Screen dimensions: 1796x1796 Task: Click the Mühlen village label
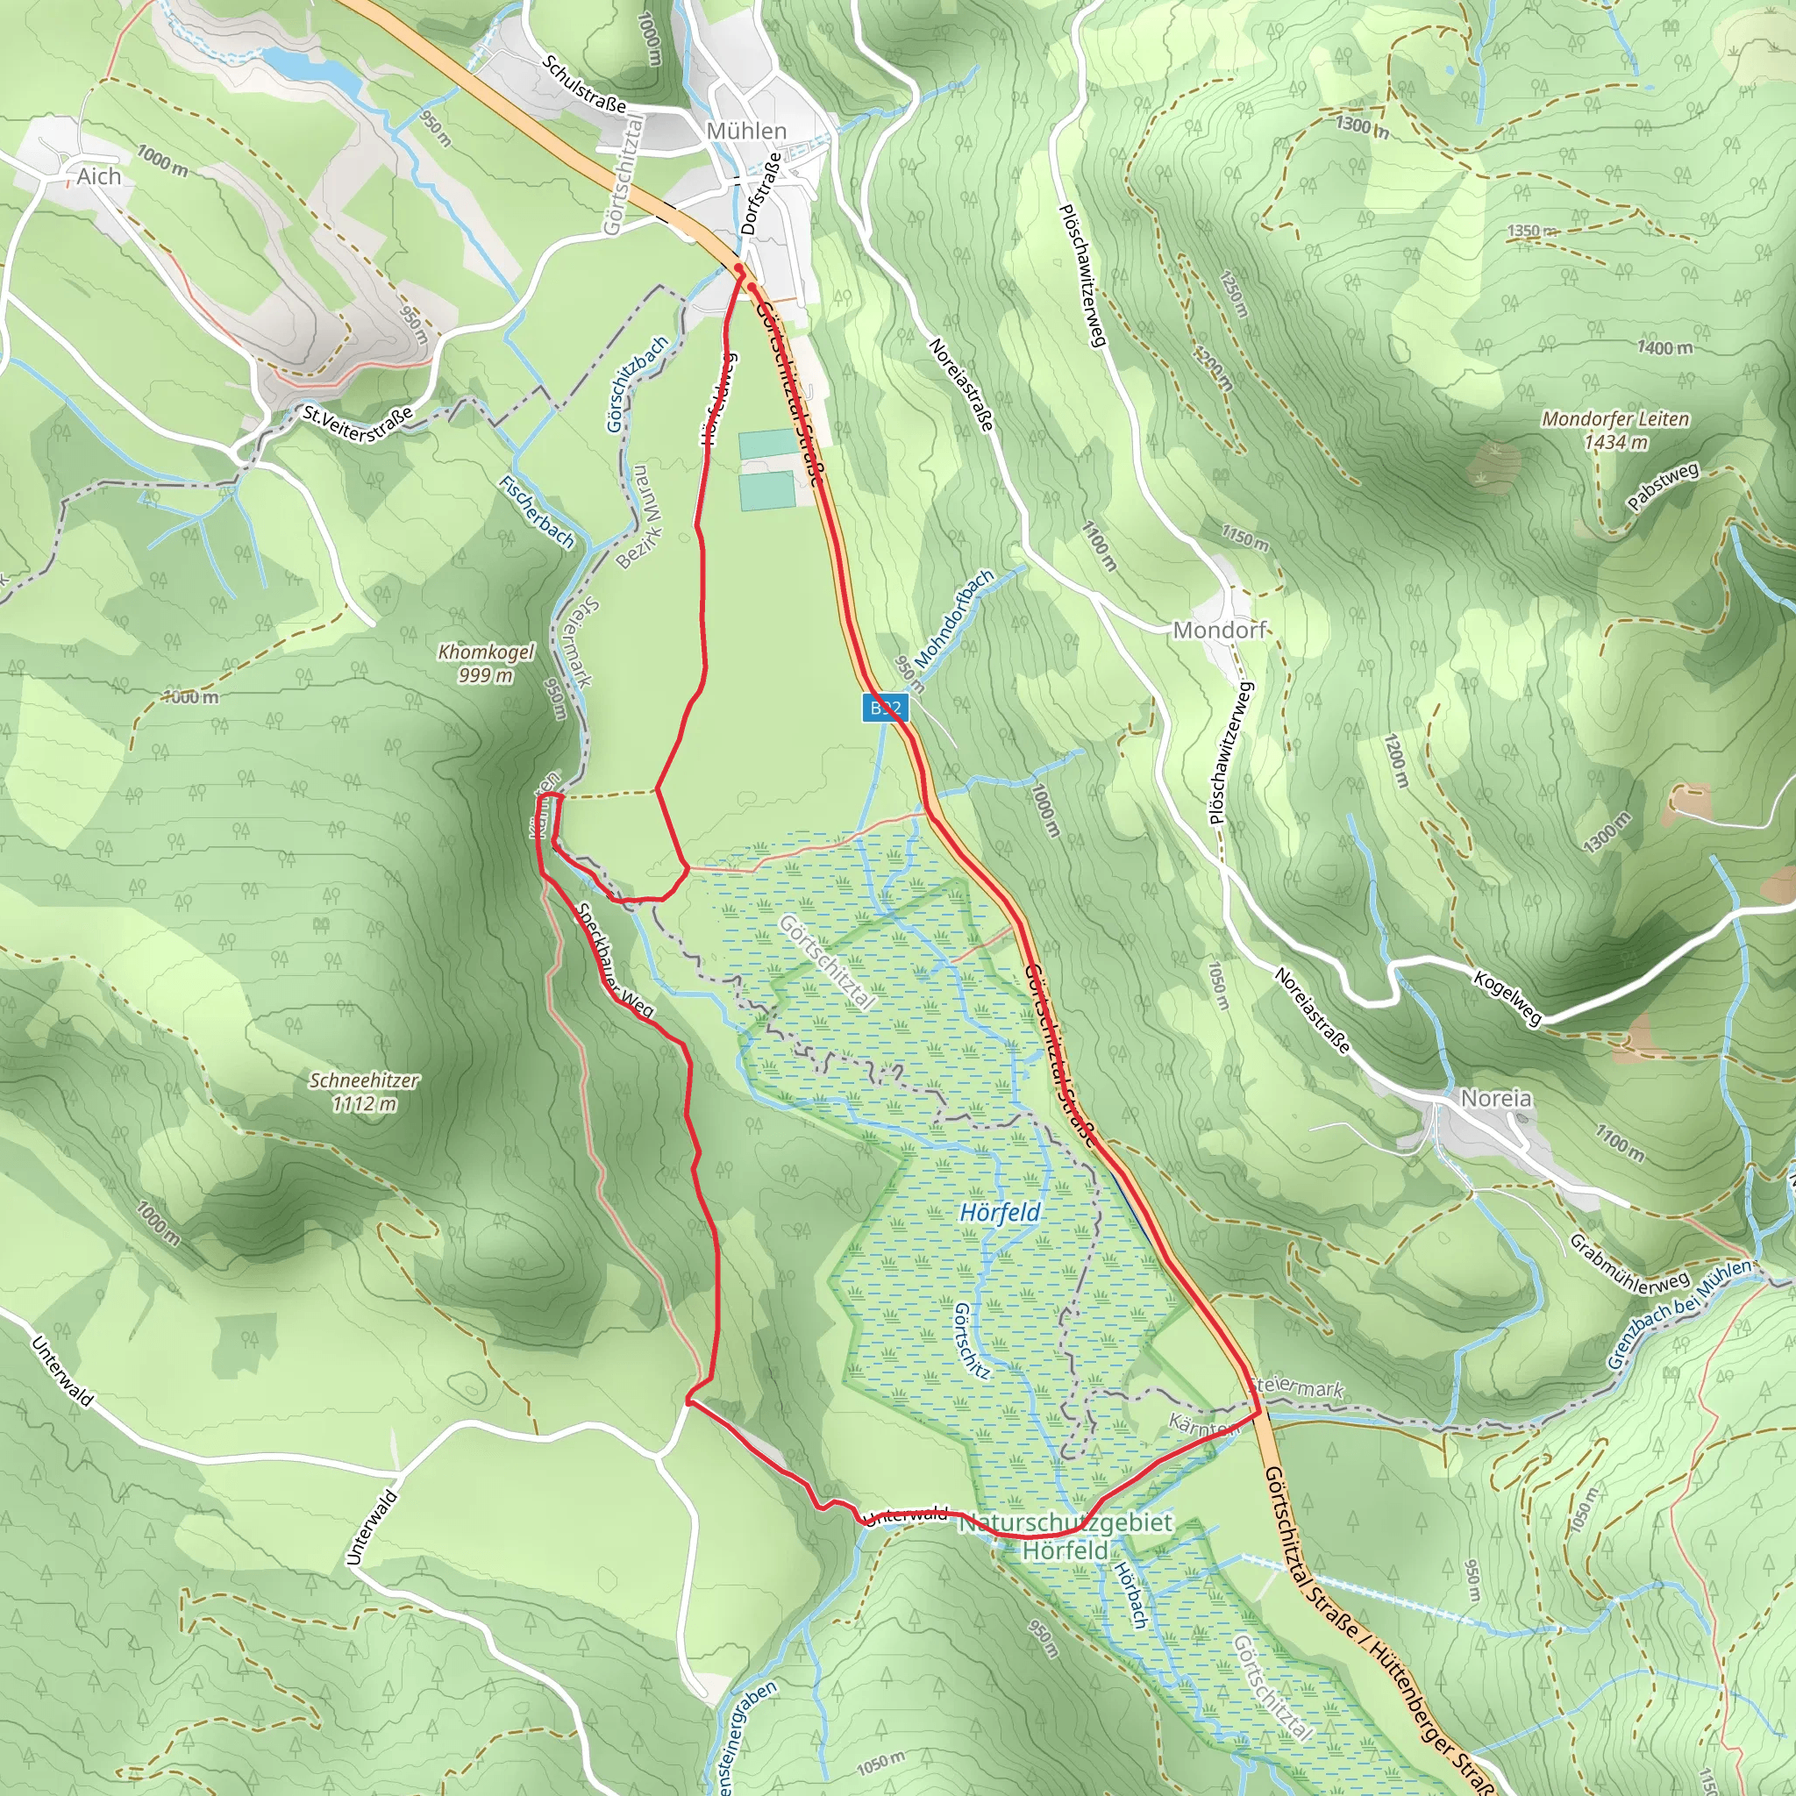click(746, 131)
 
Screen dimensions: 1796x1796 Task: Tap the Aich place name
click(99, 176)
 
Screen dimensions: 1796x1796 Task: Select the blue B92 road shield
click(884, 709)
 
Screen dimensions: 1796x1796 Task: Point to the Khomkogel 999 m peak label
click(485, 663)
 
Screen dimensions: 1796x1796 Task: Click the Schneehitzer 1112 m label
click(365, 1091)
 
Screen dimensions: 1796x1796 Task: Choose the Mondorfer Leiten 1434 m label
click(1615, 430)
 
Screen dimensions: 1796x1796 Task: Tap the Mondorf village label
click(1219, 631)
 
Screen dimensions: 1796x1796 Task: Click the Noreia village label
click(1496, 1098)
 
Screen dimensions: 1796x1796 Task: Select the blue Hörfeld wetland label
click(1001, 1212)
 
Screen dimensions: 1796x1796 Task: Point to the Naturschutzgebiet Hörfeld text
click(1065, 1536)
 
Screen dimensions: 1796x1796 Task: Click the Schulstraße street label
click(585, 84)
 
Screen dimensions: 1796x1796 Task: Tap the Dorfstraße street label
click(760, 196)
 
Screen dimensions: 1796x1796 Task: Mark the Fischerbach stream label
click(538, 510)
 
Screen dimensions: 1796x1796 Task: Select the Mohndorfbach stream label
click(955, 618)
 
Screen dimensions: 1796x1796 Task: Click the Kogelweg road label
click(1507, 997)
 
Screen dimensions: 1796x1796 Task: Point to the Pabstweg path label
click(1663, 486)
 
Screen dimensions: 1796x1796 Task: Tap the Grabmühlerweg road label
click(1629, 1265)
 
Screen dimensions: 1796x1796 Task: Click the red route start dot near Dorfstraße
click(739, 267)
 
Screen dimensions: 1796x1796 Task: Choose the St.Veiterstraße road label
click(357, 424)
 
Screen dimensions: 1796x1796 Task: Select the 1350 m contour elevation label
click(1531, 231)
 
